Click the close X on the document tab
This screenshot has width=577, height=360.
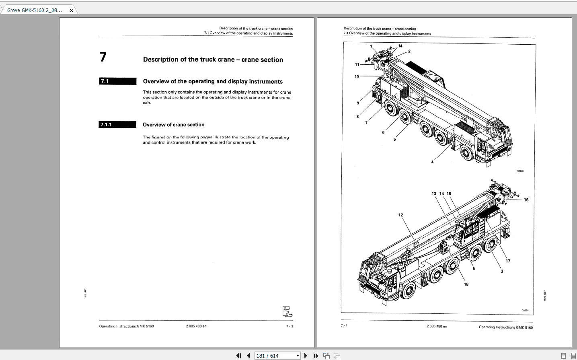point(72,10)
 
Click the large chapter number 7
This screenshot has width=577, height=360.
point(103,57)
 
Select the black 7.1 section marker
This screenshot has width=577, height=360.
point(117,81)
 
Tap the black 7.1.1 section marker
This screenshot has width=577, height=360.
point(117,125)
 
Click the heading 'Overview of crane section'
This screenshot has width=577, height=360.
point(173,125)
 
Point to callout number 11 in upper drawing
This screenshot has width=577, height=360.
point(357,64)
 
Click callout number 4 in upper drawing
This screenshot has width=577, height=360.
point(432,162)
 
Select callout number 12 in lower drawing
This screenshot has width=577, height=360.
point(400,215)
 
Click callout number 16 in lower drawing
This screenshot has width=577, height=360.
point(526,200)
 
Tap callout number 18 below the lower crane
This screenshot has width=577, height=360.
point(466,284)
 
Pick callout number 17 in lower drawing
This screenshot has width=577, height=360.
point(508,261)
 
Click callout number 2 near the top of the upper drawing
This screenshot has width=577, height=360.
point(409,51)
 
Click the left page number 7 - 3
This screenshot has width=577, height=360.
point(290,326)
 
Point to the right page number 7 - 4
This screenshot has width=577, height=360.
point(344,325)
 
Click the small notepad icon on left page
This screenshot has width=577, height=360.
point(287,311)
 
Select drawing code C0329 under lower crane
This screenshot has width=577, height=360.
point(525,311)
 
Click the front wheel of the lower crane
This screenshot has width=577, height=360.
point(407,290)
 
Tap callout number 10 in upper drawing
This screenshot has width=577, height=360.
point(357,76)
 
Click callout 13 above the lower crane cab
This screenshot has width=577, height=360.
point(434,194)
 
